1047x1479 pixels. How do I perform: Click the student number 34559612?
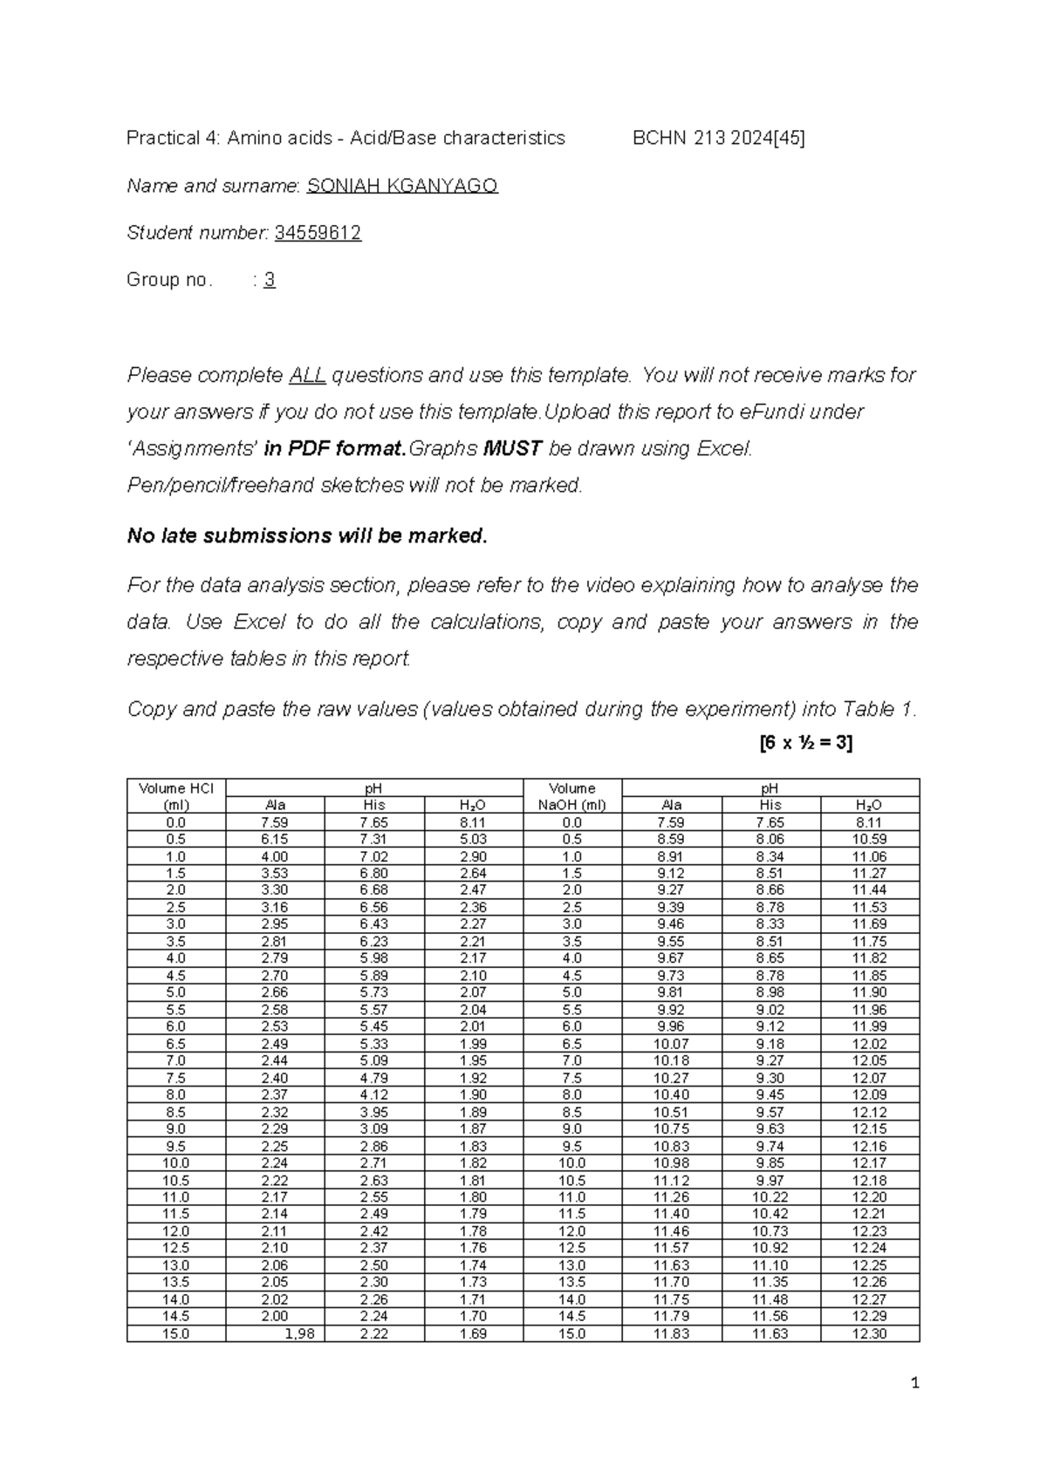(318, 233)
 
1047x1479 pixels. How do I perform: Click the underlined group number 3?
(270, 280)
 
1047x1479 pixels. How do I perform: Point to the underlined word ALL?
(307, 376)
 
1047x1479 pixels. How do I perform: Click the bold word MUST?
(512, 449)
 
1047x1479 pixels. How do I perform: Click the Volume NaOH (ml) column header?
(571, 797)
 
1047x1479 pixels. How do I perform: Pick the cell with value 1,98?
(299, 1334)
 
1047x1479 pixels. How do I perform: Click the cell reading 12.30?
(869, 1334)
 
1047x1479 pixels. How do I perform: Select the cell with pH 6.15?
(275, 839)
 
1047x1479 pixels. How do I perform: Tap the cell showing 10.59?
(869, 839)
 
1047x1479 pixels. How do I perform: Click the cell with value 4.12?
(374, 1095)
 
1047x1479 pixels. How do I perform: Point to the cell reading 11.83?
(671, 1334)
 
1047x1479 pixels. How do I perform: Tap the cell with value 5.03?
(473, 839)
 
